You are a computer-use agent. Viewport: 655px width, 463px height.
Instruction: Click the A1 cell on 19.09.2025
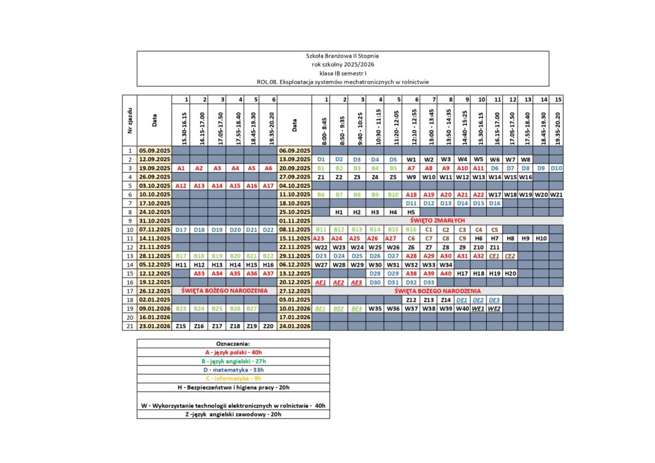click(x=181, y=168)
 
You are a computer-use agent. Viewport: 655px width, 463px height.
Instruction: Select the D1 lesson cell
click(x=322, y=159)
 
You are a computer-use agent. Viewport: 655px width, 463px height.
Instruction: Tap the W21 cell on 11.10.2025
click(x=556, y=194)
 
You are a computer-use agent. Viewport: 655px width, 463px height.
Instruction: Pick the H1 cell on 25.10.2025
click(x=340, y=212)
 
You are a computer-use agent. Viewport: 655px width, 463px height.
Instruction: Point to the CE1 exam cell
click(x=494, y=256)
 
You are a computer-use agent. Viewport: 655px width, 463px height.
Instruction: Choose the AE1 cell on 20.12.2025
click(x=322, y=282)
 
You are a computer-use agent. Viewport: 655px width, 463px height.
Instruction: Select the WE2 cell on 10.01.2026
click(x=494, y=308)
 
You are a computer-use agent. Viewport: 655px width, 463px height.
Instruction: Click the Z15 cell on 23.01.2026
click(x=181, y=326)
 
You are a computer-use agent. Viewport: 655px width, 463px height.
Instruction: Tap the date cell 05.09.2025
click(x=154, y=150)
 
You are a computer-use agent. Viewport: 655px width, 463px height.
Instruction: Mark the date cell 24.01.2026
click(x=294, y=326)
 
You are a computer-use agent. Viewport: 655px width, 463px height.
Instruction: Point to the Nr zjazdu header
click(x=130, y=120)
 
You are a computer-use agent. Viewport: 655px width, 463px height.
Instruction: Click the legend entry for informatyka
click(x=233, y=378)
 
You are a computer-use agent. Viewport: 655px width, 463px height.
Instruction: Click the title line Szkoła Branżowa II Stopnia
click(x=343, y=56)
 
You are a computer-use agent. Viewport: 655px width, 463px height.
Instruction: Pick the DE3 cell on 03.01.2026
click(x=494, y=299)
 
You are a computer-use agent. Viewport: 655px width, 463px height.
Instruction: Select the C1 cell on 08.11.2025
click(x=429, y=229)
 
